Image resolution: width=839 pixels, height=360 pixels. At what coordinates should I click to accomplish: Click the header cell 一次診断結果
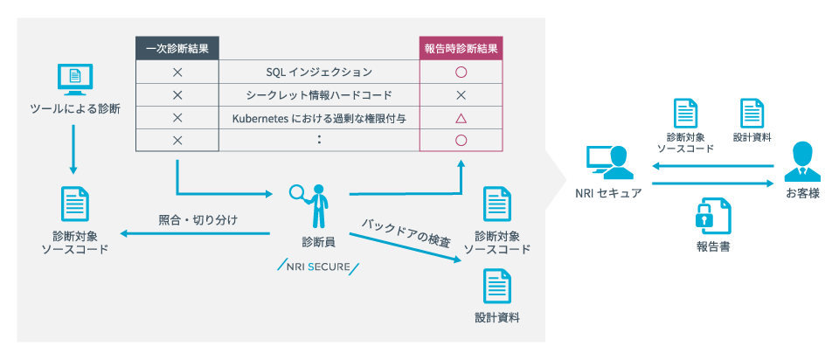(177, 49)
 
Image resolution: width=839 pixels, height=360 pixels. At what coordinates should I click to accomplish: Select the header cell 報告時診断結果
(461, 49)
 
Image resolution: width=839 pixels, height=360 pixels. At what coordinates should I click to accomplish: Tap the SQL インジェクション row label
(319, 72)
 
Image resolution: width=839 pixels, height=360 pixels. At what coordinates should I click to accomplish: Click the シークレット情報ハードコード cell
(319, 94)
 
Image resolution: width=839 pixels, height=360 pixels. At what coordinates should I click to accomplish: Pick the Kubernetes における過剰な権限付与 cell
(319, 117)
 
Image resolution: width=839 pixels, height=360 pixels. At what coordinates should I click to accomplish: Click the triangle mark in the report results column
(461, 117)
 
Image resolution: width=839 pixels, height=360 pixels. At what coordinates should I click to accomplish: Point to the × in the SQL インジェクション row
(177, 72)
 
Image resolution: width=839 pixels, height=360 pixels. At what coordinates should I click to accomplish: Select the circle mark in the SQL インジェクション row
(461, 72)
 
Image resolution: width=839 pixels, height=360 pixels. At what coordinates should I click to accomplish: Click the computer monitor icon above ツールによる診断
(74, 80)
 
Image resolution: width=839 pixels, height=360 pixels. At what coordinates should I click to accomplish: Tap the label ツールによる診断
(74, 109)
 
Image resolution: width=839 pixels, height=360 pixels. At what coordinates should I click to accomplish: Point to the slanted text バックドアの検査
(407, 230)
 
